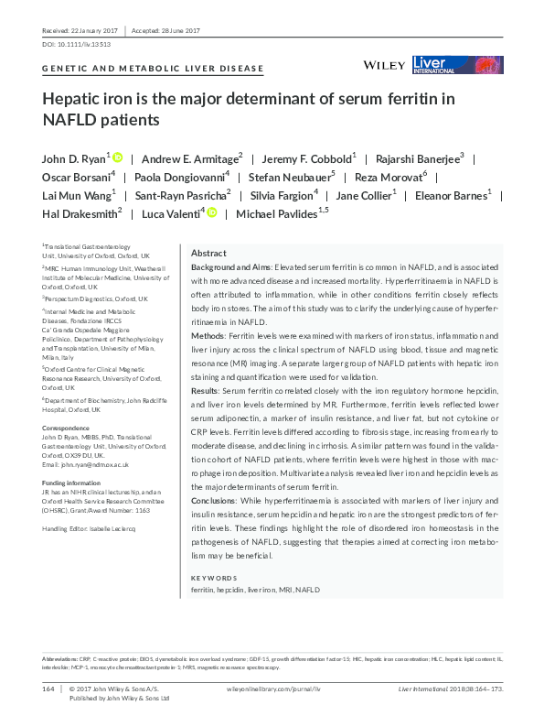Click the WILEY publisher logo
(x=384, y=65)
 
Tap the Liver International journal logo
(x=457, y=64)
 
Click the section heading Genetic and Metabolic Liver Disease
(x=153, y=69)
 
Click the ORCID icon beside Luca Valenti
(x=212, y=212)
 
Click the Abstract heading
(x=208, y=253)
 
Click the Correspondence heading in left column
(x=67, y=428)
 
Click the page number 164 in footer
(x=48, y=688)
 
